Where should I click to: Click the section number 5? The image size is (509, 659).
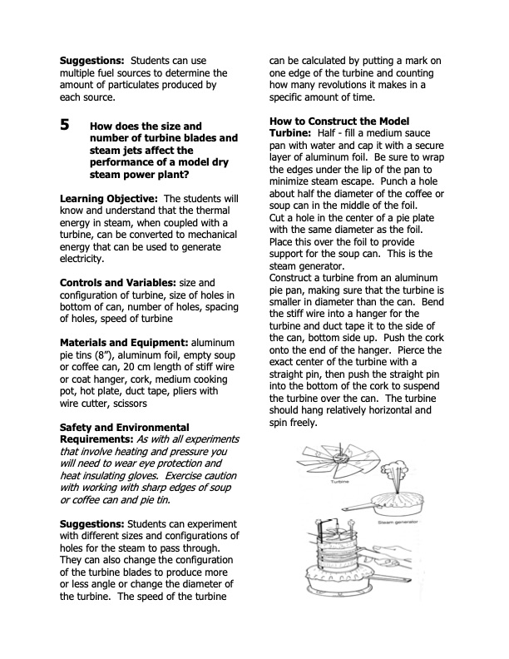(x=65, y=126)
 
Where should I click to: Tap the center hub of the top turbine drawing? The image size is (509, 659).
(x=343, y=457)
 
